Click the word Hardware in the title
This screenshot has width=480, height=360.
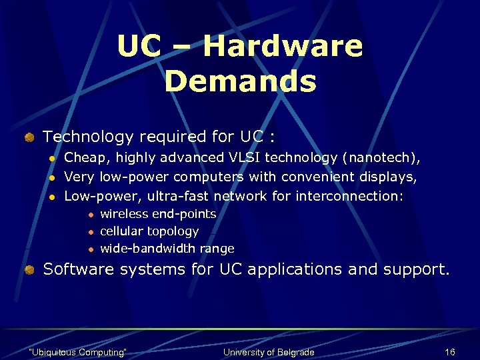point(283,46)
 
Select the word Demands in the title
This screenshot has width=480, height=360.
point(240,81)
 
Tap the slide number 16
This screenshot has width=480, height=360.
point(449,352)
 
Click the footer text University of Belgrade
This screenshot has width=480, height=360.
point(268,352)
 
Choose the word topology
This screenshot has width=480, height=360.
point(173,231)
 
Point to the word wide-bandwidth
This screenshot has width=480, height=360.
point(147,249)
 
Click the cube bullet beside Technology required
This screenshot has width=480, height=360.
point(29,137)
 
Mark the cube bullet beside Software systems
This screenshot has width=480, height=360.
point(29,270)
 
